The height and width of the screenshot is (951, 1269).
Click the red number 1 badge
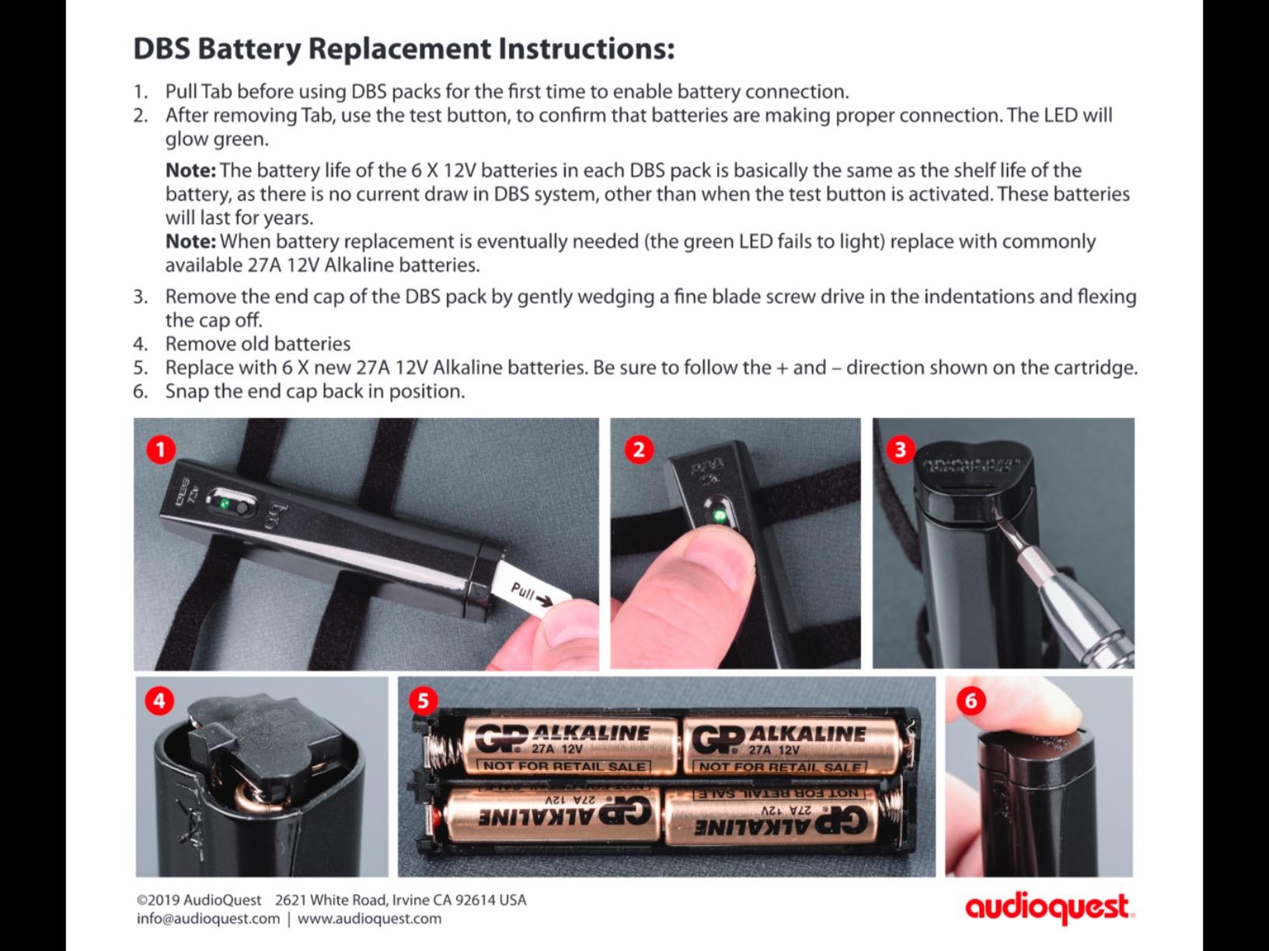point(161,450)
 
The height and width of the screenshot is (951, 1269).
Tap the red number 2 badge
point(638,450)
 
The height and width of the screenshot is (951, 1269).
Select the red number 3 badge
point(900,450)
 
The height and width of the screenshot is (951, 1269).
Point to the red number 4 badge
point(159,701)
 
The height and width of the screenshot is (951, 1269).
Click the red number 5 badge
point(422,701)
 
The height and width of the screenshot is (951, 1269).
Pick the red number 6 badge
point(971,701)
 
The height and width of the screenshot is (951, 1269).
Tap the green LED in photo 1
point(224,505)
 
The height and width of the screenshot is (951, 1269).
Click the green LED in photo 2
point(719,515)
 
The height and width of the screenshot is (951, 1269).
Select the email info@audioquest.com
point(207,918)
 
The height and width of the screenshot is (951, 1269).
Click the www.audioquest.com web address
point(369,918)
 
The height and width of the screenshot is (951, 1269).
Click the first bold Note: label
point(190,170)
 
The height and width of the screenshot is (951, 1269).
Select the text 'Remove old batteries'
point(257,343)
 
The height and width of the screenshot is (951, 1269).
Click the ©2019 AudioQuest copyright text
point(199,900)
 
